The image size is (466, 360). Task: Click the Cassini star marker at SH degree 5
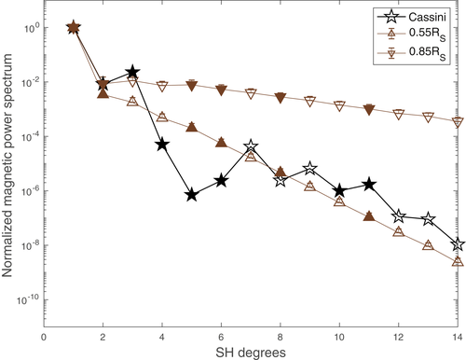tap(192, 195)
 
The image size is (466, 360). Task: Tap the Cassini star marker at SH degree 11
tap(370, 185)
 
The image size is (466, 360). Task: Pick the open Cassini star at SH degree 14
tap(458, 244)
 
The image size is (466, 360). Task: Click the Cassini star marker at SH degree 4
tap(162, 145)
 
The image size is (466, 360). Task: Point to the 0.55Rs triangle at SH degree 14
tap(458, 262)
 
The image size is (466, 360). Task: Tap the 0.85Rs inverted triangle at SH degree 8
tap(281, 97)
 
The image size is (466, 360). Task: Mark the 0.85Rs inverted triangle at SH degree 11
tap(370, 110)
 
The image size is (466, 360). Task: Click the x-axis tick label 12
tap(399, 338)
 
